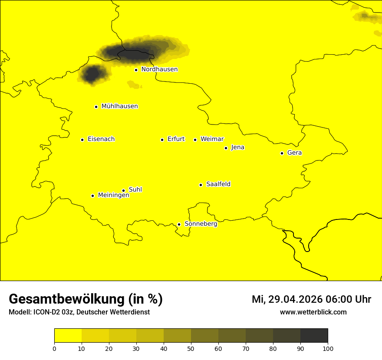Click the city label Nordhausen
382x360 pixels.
[159, 69]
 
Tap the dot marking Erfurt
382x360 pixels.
[162, 140]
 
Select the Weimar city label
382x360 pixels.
[212, 139]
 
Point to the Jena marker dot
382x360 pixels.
[226, 148]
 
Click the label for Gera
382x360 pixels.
[294, 153]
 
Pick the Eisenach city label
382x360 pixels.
[101, 139]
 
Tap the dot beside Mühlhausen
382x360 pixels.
[96, 107]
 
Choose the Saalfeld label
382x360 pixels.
[218, 184]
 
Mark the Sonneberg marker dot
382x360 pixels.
[179, 224]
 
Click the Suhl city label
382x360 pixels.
[135, 190]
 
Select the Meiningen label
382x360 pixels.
[114, 195]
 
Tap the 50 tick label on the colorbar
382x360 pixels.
[191, 348]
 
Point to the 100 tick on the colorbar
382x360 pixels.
[328, 348]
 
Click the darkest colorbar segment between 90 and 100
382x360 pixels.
[314, 336]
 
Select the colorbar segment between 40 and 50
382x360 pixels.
[177, 336]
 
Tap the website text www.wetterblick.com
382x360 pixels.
[313, 312]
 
